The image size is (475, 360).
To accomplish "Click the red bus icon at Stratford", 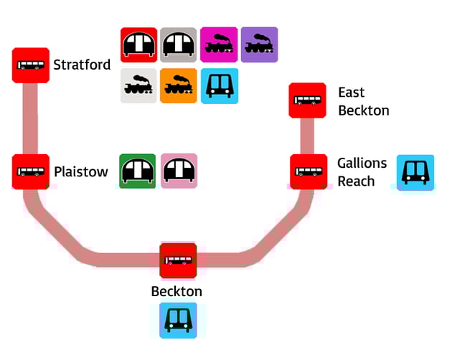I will click(x=31, y=65).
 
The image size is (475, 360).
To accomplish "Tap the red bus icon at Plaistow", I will click(x=31, y=171).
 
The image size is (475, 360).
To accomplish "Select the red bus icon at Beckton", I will click(x=178, y=260).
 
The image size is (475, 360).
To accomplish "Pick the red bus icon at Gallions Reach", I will click(x=309, y=171).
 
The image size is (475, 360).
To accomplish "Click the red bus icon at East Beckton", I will click(x=307, y=100).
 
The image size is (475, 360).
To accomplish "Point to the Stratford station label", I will click(x=82, y=65).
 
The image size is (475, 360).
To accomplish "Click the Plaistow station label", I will click(x=81, y=172).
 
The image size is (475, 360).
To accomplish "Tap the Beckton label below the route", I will click(x=177, y=292).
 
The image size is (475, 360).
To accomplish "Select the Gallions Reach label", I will click(x=362, y=172).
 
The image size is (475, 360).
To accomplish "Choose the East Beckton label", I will click(x=363, y=101).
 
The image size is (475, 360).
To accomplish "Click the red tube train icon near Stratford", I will click(x=138, y=45).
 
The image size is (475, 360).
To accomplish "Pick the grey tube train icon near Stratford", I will click(x=178, y=45).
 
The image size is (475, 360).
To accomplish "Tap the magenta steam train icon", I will click(x=219, y=45).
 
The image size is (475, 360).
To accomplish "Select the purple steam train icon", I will click(x=259, y=45).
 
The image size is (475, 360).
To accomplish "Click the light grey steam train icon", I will click(x=138, y=86).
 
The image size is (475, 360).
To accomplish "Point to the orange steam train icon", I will click(x=178, y=86).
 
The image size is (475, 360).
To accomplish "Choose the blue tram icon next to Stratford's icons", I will click(x=220, y=86).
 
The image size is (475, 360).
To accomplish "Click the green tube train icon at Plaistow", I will click(x=137, y=171).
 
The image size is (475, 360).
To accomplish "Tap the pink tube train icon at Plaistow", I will click(x=179, y=171).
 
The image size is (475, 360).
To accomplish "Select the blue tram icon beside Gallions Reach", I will click(x=415, y=172).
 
